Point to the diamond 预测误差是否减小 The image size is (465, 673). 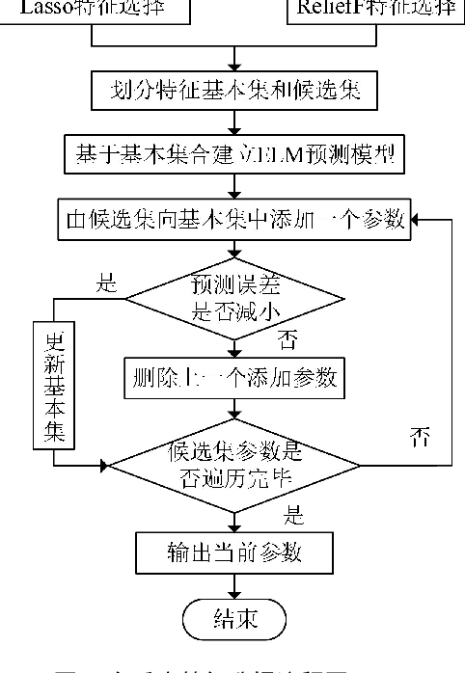tap(232, 302)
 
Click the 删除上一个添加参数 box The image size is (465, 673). tap(232, 377)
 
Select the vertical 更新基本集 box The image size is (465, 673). tap(54, 386)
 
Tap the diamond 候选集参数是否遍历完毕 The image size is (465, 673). tap(232, 466)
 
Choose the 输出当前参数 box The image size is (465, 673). tap(232, 552)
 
